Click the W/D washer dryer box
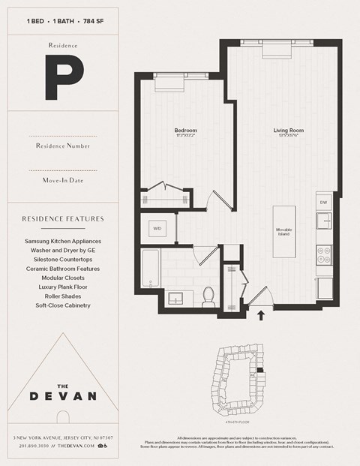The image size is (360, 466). click(157, 227)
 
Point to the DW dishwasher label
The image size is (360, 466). click(323, 203)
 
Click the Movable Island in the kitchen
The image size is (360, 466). click(284, 231)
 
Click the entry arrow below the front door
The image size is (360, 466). click(262, 315)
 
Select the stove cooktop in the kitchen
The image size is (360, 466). click(324, 255)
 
